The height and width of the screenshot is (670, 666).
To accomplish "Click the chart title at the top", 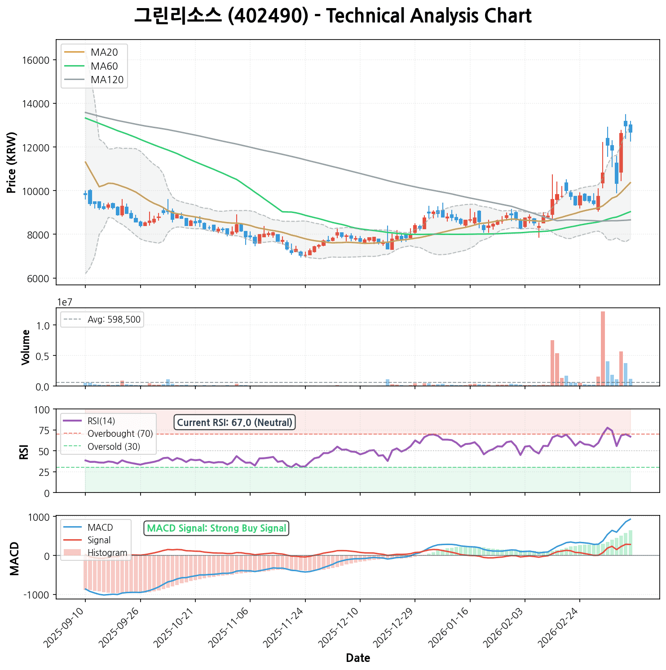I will [x=333, y=16].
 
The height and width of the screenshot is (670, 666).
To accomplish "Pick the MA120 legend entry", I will [x=107, y=80].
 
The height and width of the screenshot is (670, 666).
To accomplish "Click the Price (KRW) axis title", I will [x=12, y=162].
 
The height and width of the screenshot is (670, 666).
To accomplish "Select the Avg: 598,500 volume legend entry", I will [x=114, y=319].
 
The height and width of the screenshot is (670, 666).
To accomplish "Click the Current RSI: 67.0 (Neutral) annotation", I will [x=234, y=422].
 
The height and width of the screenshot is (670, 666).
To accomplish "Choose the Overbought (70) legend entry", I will [x=120, y=434].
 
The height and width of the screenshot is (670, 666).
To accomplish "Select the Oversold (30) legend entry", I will [x=114, y=447].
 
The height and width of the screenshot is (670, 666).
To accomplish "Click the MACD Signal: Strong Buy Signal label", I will [x=216, y=528].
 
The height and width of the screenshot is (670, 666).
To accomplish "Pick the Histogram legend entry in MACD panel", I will [x=107, y=553].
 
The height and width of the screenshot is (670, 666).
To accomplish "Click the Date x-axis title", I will [x=358, y=658].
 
